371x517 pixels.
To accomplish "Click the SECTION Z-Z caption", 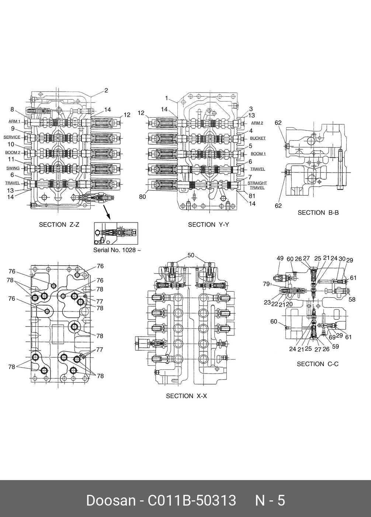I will pos(59,224).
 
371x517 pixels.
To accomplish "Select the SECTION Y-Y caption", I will pos(208,224).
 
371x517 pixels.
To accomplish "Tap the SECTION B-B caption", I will pos(318,213).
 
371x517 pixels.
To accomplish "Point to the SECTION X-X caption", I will pos(186,396).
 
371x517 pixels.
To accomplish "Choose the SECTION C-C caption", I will pos(318,364).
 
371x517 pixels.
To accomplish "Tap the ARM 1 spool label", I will pos(14,121).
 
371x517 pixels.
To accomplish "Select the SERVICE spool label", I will pos(12,137).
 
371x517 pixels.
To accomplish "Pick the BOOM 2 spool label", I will pos(13,152).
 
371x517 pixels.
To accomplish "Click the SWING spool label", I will pos(13,168).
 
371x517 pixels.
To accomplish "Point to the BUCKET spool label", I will pos(258,138).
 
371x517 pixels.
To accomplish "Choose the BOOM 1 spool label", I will pos(258,154).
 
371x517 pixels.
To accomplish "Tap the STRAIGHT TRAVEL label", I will pos(257,185).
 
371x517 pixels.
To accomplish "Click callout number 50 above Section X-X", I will pos(191,255).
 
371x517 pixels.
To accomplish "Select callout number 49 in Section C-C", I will pos(280,259).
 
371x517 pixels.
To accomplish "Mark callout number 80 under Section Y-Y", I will pos(142,197).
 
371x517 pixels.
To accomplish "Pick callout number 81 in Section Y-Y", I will pos(252,196).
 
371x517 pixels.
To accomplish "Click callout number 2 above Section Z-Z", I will pos(106,90).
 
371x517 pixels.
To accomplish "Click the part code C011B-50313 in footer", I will pos(192,501).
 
